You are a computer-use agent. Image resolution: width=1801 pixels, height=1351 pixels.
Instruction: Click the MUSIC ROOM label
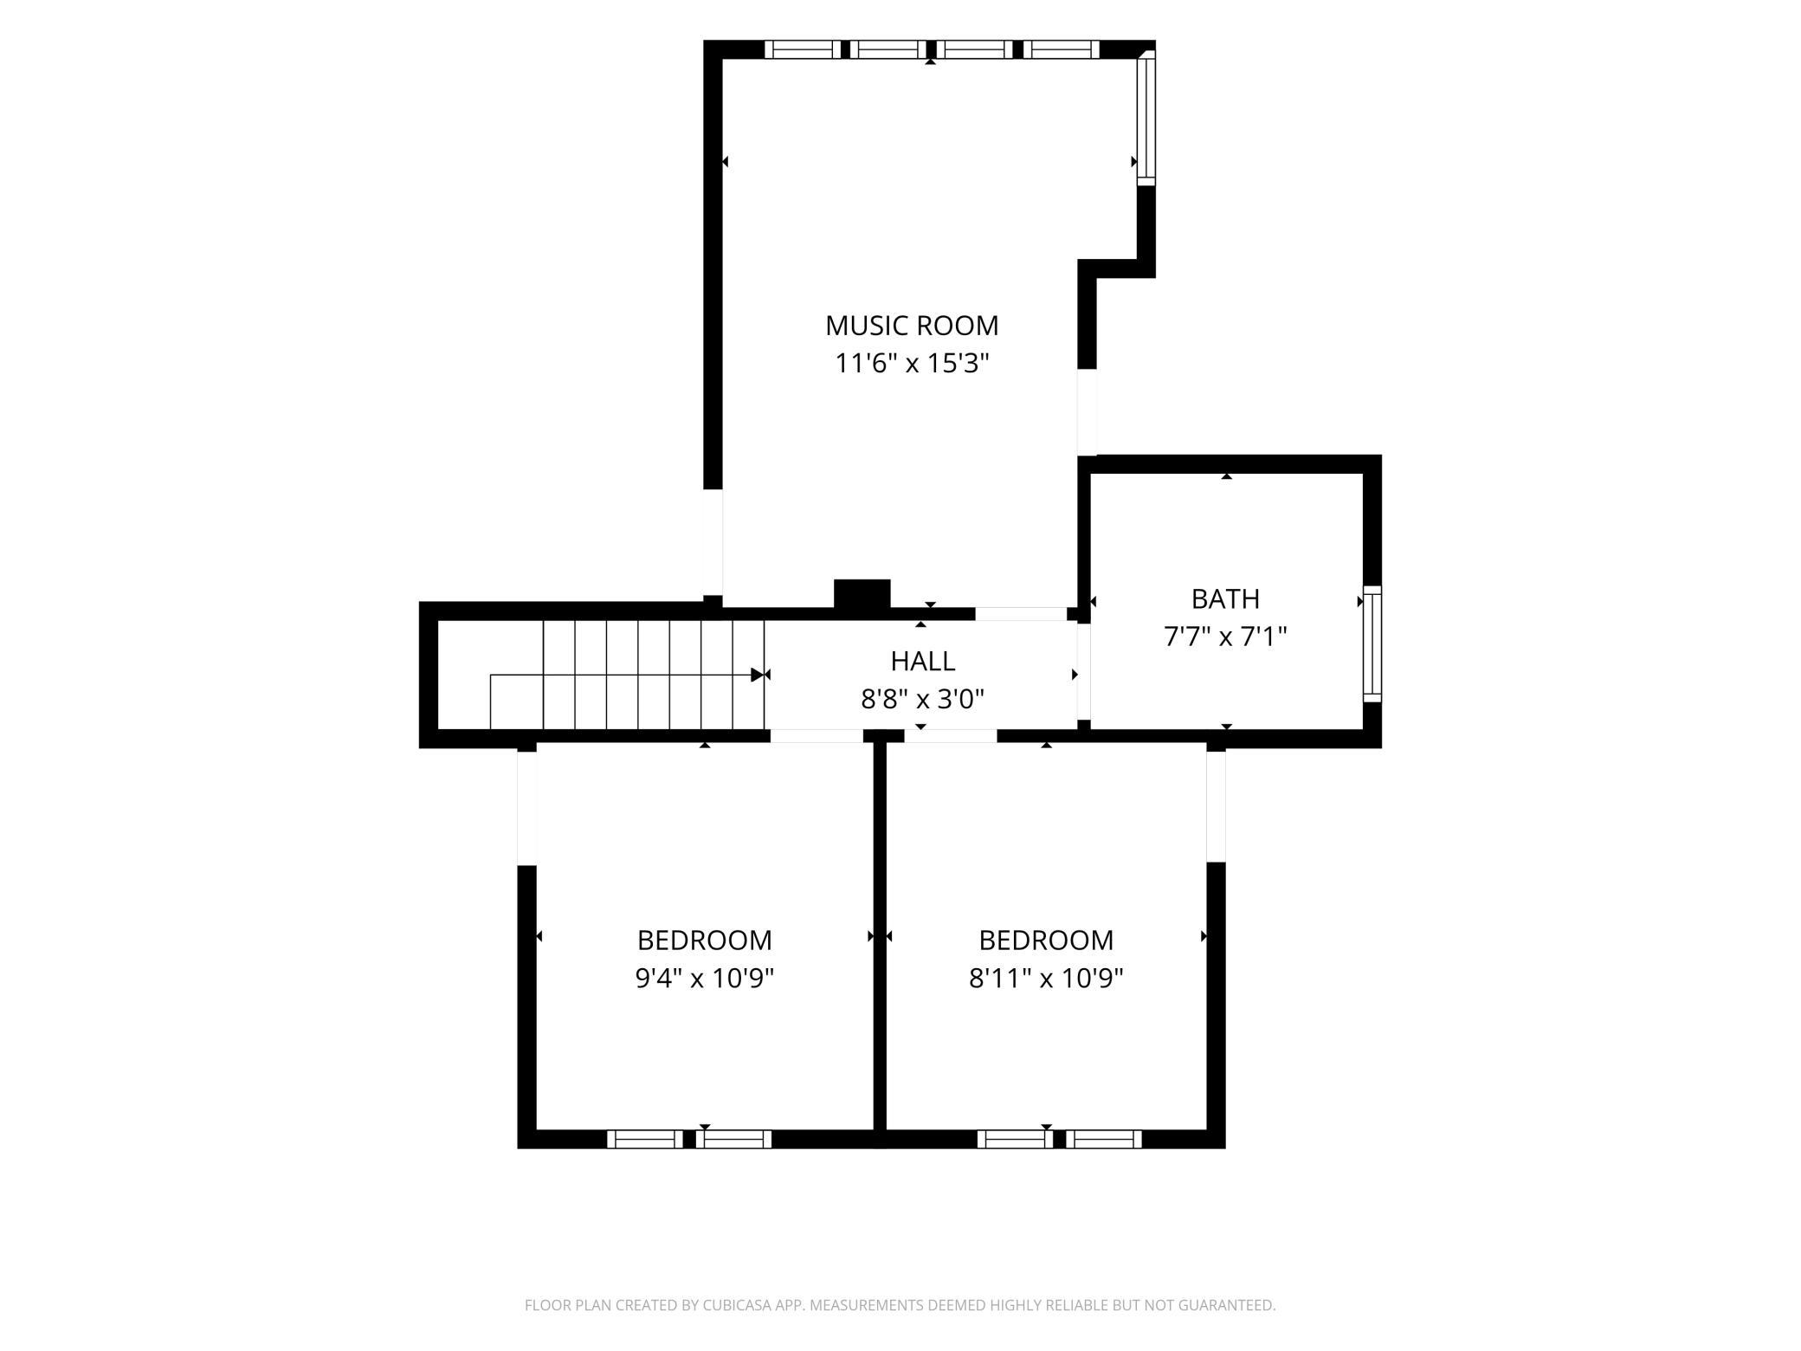pos(912,326)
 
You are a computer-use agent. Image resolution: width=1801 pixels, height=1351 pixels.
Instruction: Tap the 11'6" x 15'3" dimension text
pos(912,363)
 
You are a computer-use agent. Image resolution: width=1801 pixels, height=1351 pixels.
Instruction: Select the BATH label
pos(1225,599)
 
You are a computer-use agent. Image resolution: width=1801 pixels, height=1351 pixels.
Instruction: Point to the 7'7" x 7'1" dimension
pos(1225,637)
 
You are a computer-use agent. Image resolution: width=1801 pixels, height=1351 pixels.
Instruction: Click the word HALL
pos(923,662)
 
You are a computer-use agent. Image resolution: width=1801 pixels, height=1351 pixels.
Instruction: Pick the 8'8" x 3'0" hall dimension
pos(923,699)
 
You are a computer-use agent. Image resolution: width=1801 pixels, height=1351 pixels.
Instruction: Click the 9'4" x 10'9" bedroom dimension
pos(705,979)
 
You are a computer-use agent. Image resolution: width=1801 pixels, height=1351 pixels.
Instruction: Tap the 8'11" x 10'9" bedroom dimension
pos(1046,979)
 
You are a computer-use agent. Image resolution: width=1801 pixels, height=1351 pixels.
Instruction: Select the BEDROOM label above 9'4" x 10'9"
pos(705,941)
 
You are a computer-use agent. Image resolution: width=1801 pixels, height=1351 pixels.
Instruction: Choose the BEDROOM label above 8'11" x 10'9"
pos(1046,941)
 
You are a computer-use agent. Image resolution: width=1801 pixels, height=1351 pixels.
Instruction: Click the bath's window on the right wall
pos(1372,643)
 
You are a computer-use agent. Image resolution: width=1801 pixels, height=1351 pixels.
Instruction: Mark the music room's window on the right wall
pos(1146,118)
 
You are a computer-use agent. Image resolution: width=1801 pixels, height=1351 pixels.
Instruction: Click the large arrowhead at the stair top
pos(758,675)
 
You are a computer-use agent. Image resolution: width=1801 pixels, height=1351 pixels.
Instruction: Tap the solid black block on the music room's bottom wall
pos(862,595)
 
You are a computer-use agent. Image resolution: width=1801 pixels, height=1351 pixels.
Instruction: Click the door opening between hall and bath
pos(1083,672)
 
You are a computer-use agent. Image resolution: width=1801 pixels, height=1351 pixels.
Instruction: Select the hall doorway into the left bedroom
pos(817,736)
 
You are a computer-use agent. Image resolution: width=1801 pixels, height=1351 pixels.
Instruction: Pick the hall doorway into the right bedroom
pos(951,736)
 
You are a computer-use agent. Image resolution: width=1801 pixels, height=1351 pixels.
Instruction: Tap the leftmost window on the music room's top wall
pos(803,49)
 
